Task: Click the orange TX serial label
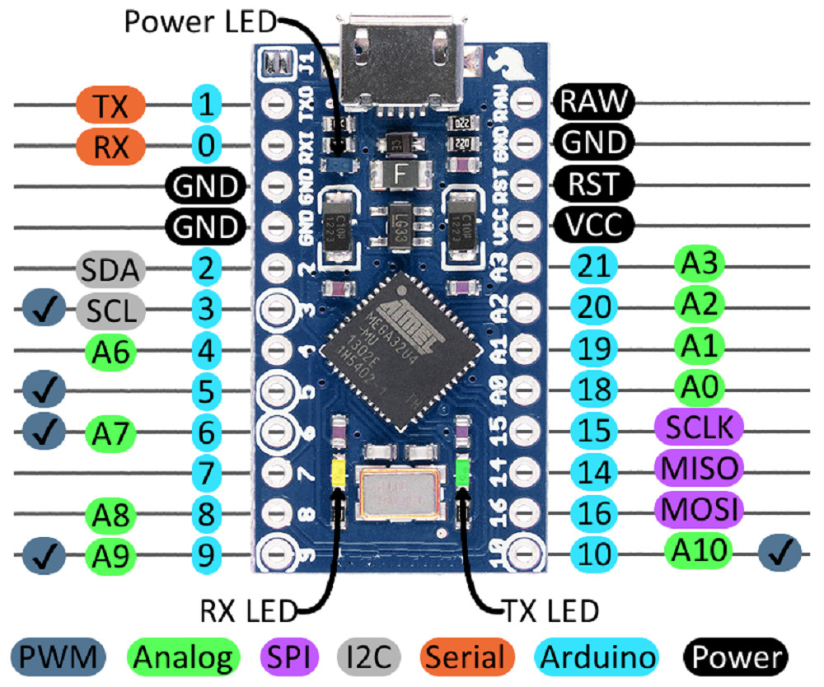pyautogui.click(x=110, y=105)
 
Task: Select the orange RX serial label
pyautogui.click(x=110, y=147)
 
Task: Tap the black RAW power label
pyautogui.click(x=593, y=102)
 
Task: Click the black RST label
pyautogui.click(x=593, y=183)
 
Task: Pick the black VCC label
pyautogui.click(x=593, y=223)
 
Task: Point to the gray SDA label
pyautogui.click(x=110, y=269)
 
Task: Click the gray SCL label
pyautogui.click(x=110, y=311)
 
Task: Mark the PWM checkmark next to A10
pyautogui.click(x=780, y=553)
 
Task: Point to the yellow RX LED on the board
pyautogui.click(x=337, y=472)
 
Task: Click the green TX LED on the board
pyautogui.click(x=462, y=472)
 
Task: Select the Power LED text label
pyautogui.click(x=199, y=21)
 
